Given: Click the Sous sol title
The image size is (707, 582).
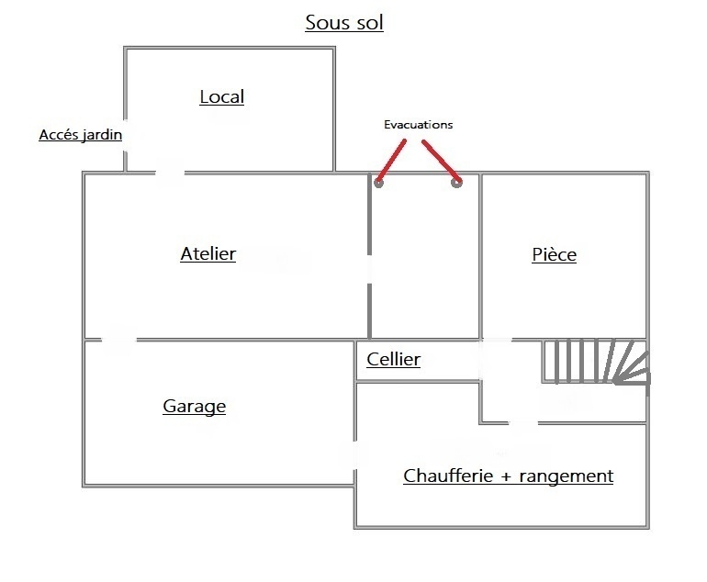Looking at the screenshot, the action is [x=344, y=23].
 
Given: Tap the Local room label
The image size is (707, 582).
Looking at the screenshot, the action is [x=222, y=97].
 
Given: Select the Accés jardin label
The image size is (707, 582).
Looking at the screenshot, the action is [x=80, y=135].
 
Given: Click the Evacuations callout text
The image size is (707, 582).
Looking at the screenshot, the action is [x=419, y=125].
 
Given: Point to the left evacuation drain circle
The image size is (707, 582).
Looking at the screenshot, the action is [x=378, y=183].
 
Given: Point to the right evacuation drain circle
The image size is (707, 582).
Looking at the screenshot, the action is [x=456, y=183].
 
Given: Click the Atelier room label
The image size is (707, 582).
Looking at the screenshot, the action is [x=208, y=253].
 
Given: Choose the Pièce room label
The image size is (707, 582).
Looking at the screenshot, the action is [x=555, y=254].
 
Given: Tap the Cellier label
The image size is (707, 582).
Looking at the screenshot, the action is [x=394, y=359].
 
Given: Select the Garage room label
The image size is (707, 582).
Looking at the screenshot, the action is [x=195, y=406].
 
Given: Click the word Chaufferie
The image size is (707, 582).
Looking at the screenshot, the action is [x=448, y=476].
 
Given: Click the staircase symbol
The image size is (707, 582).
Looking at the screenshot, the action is [x=595, y=362].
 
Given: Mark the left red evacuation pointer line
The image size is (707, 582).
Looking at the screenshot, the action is [x=391, y=160].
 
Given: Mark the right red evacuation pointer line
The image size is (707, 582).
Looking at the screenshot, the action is [x=442, y=161].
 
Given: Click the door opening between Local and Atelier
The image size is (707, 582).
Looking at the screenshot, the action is [x=170, y=173].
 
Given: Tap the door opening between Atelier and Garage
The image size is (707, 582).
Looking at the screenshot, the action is [x=119, y=339].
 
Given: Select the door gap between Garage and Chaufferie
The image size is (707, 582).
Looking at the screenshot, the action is [x=354, y=455].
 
